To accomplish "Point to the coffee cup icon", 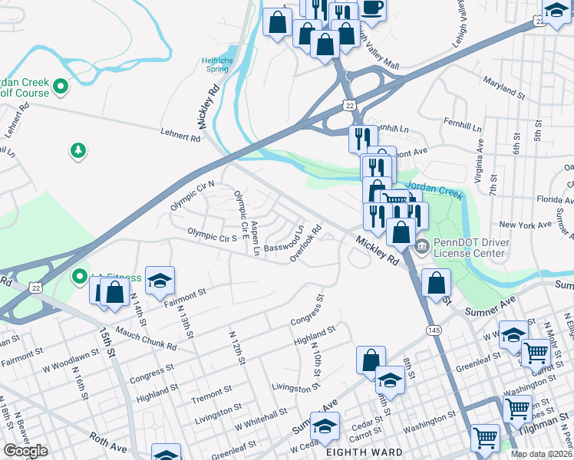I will (372, 8).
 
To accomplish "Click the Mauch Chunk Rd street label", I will (146, 337).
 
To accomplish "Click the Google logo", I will (25, 451).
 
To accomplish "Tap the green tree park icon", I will (78, 151).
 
